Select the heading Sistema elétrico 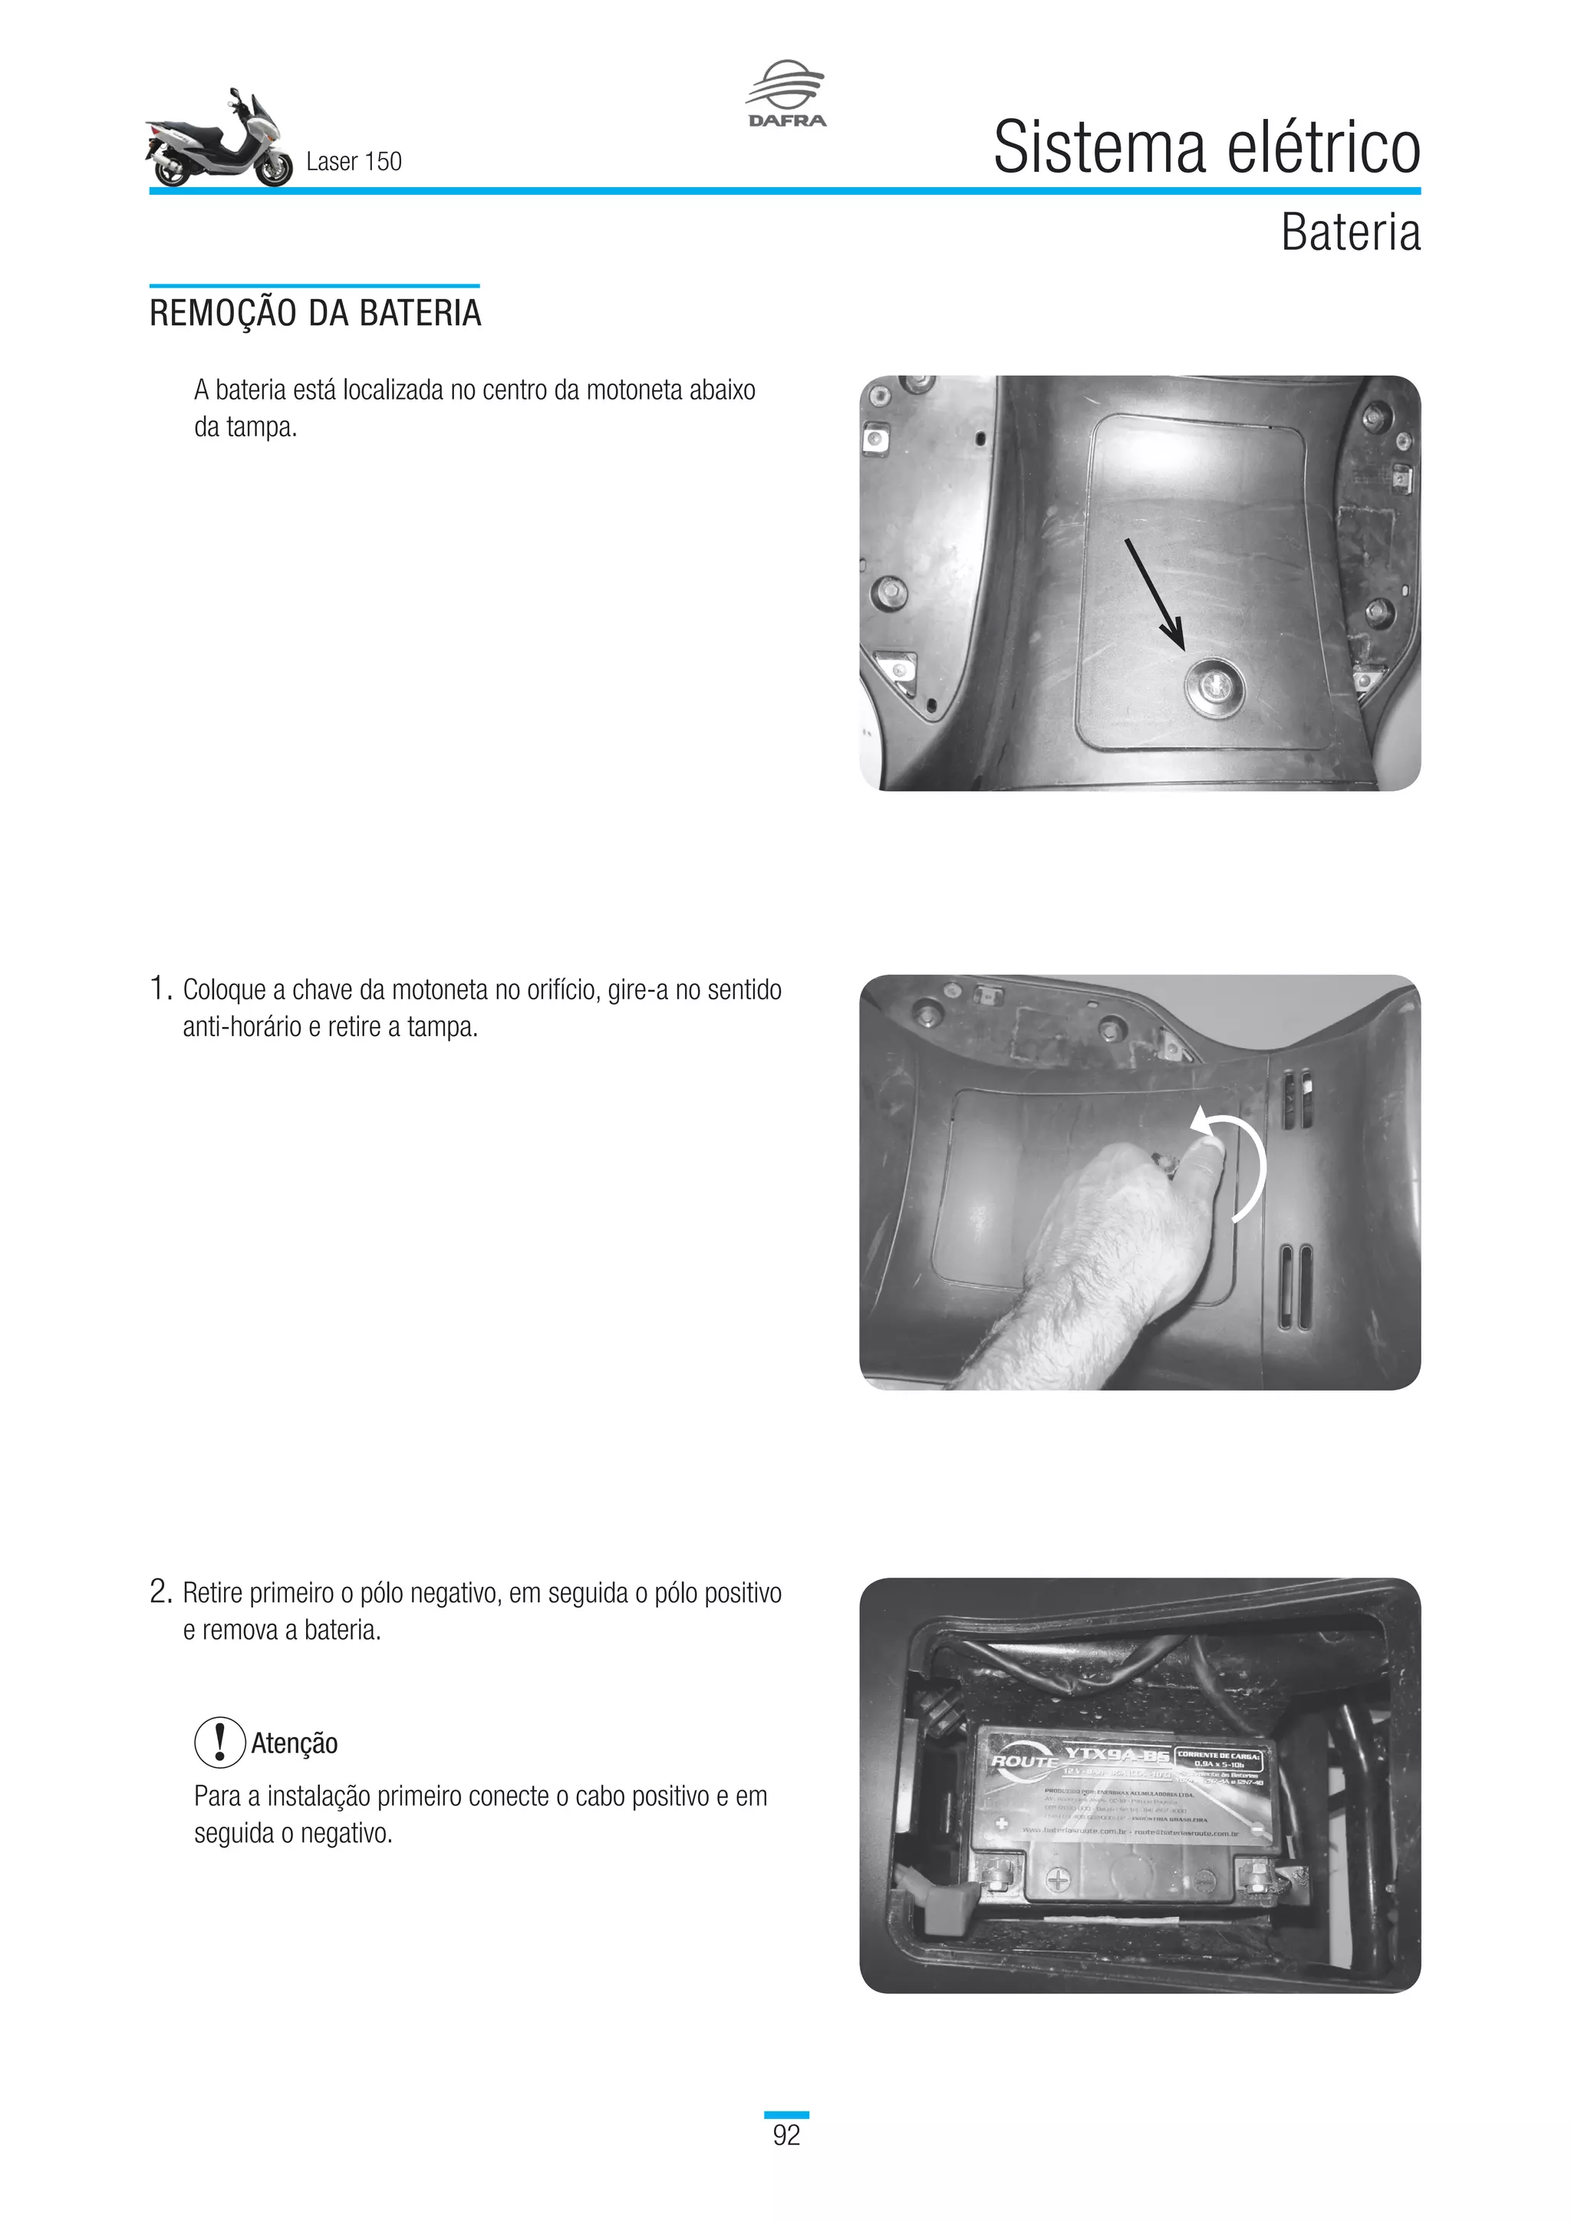tap(1207, 148)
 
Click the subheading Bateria tap(1350, 233)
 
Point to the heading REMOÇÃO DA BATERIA tap(315, 314)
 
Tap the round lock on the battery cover tap(1215, 685)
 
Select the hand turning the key tap(1122, 1229)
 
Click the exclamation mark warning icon tap(219, 1742)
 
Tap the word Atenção tap(294, 1744)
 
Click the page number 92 tap(786, 2135)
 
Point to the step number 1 tap(160, 989)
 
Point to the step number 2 tap(160, 1593)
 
